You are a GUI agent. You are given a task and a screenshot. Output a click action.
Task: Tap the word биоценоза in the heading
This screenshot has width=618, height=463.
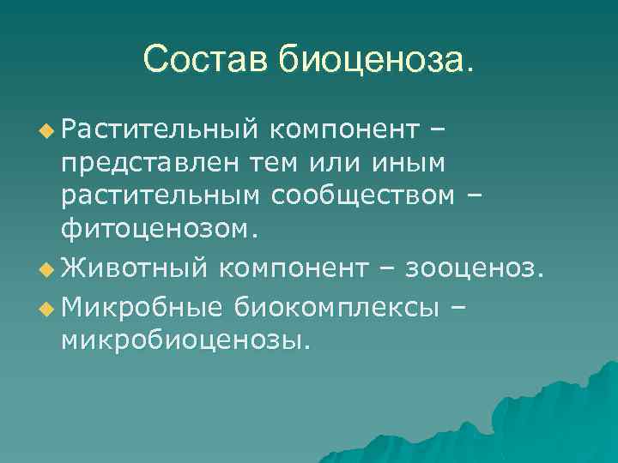(x=374, y=60)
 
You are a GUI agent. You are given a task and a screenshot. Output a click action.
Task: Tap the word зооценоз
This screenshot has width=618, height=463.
(x=463, y=271)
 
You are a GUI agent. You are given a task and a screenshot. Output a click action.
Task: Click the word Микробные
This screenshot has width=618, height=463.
(x=141, y=306)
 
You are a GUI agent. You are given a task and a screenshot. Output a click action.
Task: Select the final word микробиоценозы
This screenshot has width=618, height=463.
(x=185, y=342)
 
